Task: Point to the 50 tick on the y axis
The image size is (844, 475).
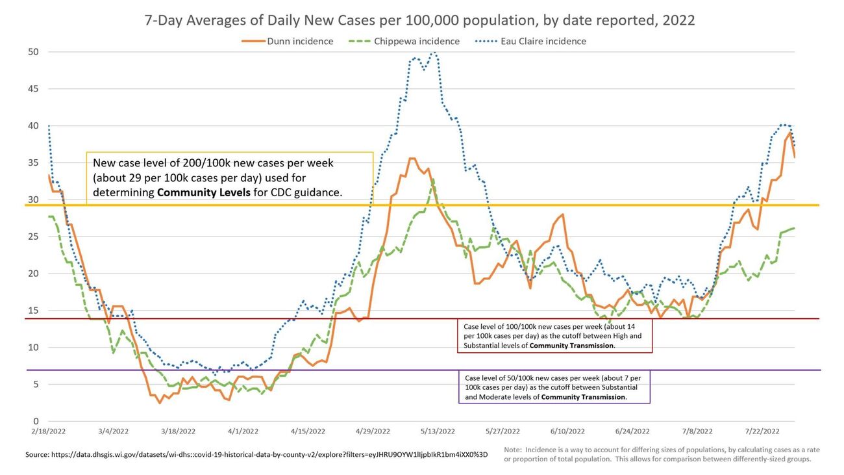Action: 32,52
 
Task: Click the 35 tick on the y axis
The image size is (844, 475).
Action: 32,163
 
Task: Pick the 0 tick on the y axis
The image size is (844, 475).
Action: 36,422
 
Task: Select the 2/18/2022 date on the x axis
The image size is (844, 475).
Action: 48,431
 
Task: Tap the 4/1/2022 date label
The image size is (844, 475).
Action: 243,431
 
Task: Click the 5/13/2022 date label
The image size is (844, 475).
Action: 437,431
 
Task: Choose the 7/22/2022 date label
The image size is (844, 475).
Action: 762,431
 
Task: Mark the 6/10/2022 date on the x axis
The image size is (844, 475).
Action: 567,431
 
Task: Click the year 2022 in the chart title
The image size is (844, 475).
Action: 678,20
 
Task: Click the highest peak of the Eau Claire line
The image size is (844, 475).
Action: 433,53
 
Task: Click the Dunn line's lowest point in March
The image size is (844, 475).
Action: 160,403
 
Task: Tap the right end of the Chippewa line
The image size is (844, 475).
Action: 794,228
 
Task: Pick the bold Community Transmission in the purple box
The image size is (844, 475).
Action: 583,397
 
